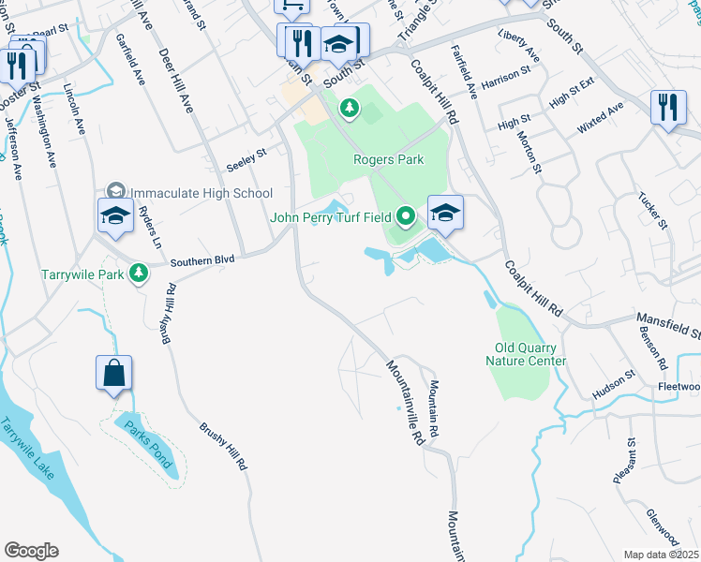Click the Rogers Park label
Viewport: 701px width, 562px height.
click(388, 159)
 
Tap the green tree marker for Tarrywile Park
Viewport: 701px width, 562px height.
click(139, 274)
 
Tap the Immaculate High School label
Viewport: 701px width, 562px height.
click(201, 192)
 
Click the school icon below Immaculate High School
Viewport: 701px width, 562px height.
click(115, 214)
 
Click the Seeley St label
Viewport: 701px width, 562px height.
click(247, 160)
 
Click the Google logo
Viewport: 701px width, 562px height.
click(31, 550)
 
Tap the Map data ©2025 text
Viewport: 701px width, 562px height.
click(662, 555)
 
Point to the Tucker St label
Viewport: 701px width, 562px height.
click(651, 211)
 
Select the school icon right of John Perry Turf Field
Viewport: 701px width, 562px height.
click(446, 213)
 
